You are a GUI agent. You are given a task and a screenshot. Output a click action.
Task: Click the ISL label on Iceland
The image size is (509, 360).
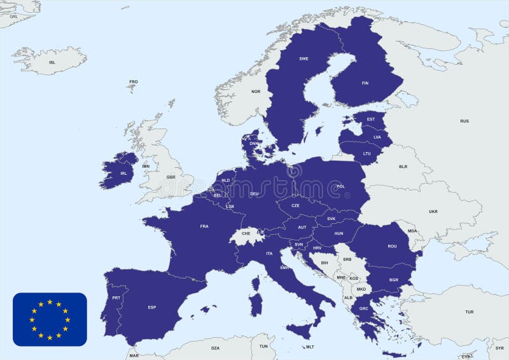[x=52, y=62]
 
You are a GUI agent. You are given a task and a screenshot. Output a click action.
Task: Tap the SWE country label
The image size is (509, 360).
[x=303, y=59]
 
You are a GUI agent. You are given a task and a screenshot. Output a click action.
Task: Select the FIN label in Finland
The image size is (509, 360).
[x=365, y=83]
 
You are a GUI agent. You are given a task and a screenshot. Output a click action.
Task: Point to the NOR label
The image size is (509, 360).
[x=256, y=92]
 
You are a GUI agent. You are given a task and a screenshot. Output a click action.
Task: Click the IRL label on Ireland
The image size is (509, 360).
[x=123, y=173]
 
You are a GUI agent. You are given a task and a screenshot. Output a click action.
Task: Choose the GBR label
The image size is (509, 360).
[x=171, y=177]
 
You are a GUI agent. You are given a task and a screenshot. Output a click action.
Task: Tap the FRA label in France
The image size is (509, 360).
[x=204, y=226]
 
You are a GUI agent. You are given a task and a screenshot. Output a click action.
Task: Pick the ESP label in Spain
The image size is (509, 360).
[x=152, y=308]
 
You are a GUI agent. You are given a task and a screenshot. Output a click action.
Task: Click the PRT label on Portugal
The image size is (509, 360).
[x=116, y=298]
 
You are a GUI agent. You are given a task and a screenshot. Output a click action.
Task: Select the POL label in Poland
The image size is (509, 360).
[x=340, y=186]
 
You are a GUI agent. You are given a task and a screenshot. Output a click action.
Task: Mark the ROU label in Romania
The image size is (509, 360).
[x=392, y=246]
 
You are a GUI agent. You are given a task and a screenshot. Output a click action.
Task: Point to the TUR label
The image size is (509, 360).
[x=469, y=312]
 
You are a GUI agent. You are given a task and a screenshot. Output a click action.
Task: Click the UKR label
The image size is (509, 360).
[x=433, y=211]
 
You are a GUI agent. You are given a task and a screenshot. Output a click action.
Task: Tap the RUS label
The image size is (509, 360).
[x=464, y=121]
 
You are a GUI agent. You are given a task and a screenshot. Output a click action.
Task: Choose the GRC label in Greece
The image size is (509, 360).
[x=363, y=309]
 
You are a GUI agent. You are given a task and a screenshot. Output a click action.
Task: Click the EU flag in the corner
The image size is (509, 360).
[x=50, y=319]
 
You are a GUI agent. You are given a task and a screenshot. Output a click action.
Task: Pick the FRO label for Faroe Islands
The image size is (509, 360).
[x=134, y=81]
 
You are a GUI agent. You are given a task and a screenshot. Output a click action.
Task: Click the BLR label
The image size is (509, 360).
[x=403, y=167]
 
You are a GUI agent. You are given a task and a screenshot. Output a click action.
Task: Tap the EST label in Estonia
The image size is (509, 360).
[x=371, y=120]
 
